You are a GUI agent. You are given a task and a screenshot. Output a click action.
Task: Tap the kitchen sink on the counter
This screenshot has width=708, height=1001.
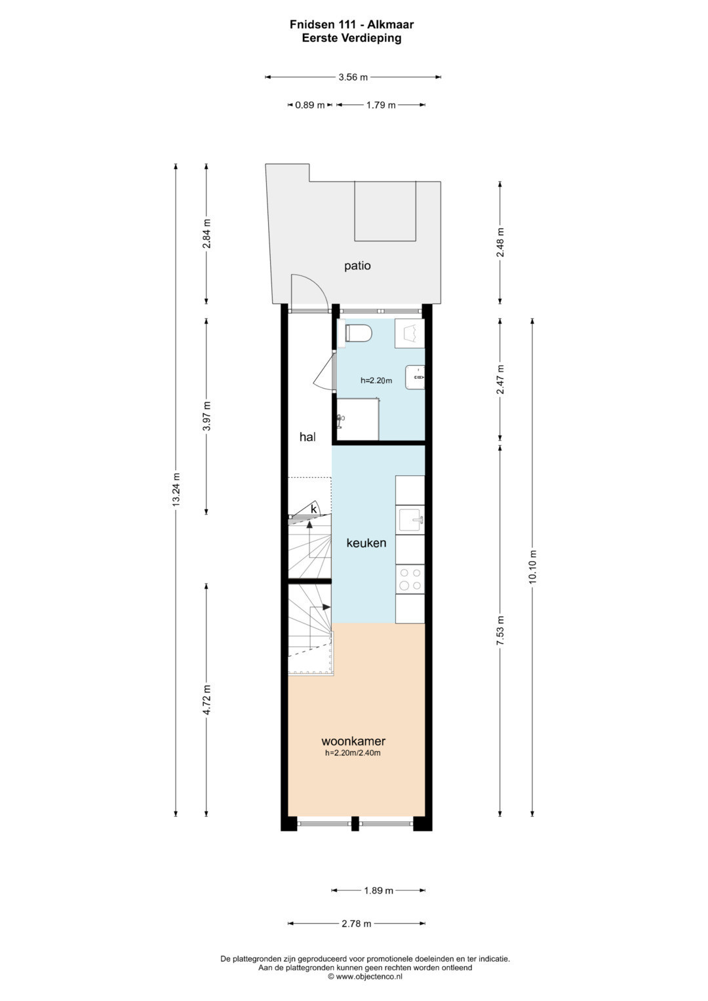tap(410, 520)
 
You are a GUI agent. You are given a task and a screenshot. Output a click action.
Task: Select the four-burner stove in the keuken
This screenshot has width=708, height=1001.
tap(410, 579)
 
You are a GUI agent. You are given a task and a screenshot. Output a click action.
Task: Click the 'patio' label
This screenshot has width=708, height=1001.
tap(357, 266)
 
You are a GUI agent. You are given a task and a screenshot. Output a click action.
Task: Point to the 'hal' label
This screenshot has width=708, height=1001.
tap(307, 437)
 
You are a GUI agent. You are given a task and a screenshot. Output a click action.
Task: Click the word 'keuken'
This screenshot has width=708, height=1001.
tap(366, 543)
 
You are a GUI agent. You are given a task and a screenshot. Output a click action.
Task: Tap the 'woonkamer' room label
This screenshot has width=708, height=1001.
tap(353, 741)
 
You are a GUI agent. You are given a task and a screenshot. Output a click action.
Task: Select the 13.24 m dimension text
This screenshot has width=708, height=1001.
tap(176, 490)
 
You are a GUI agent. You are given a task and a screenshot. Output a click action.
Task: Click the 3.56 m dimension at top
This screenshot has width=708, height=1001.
tap(353, 77)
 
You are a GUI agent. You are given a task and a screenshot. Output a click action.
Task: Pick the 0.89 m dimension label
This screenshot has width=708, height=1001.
tap(309, 106)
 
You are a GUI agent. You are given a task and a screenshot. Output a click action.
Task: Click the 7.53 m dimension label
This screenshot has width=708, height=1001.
tap(501, 630)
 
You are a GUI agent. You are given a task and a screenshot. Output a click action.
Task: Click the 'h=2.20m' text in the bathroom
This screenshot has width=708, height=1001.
tap(376, 381)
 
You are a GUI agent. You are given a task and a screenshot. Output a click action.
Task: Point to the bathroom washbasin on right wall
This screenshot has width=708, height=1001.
tap(415, 378)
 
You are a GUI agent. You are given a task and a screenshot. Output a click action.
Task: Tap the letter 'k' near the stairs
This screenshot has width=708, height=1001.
tap(313, 509)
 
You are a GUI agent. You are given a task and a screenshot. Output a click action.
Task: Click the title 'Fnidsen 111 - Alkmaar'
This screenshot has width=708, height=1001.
tap(351, 25)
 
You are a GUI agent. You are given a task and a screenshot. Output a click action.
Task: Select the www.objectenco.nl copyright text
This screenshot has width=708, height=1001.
tap(364, 977)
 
